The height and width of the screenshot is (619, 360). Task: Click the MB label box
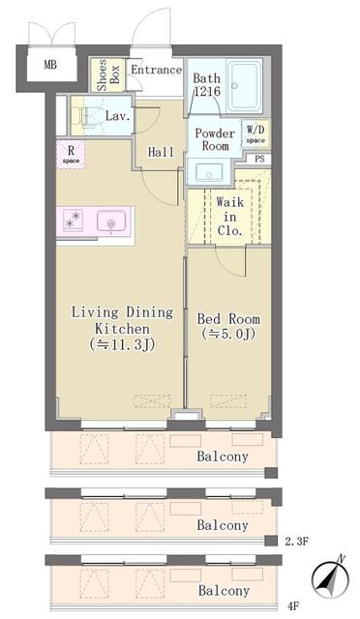coord(48,68)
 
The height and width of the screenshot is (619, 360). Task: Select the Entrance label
coord(156,70)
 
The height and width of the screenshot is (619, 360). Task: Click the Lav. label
coord(118,116)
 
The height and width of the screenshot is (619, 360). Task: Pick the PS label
coord(259,161)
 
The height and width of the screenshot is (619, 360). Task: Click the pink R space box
coord(70,154)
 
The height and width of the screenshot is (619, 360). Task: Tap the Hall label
coord(161,152)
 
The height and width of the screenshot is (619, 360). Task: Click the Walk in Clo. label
coord(230,217)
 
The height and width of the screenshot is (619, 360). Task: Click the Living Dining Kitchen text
coord(123,327)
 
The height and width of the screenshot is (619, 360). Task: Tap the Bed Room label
coord(228,327)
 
